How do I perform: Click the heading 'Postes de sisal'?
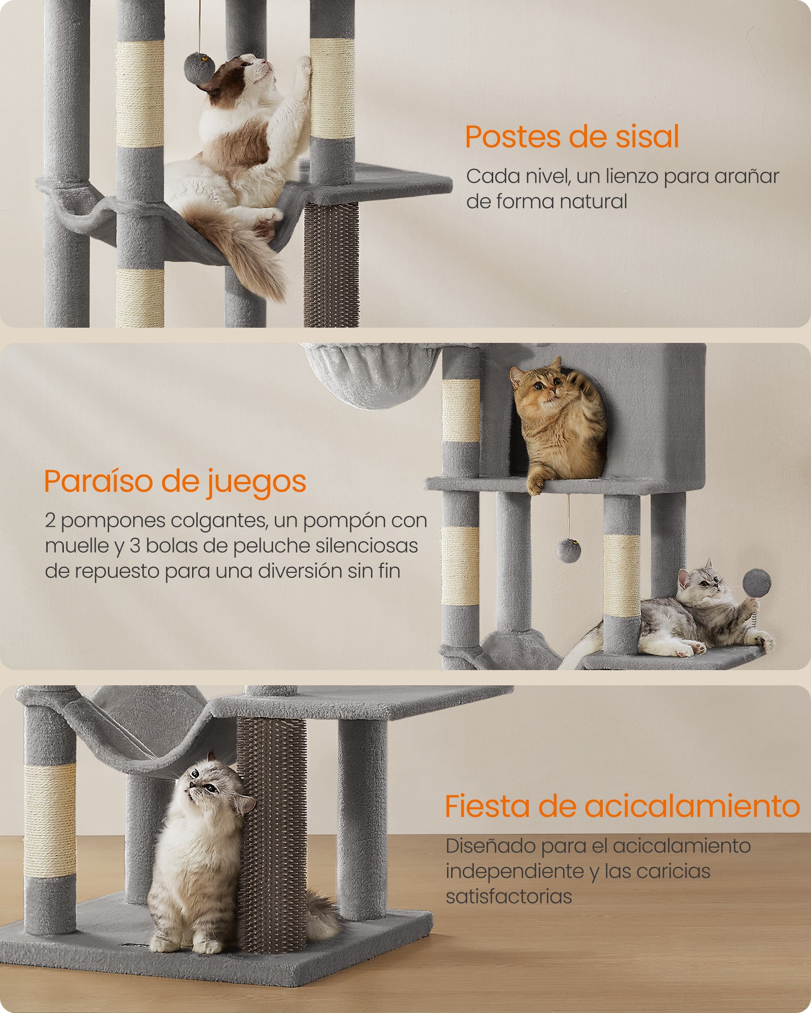pos(572,137)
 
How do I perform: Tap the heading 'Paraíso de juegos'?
pos(175,481)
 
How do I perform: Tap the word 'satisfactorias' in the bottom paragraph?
pos(508,896)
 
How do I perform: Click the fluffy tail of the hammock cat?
pos(253,253)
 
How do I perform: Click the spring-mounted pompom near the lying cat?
pos(757,582)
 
